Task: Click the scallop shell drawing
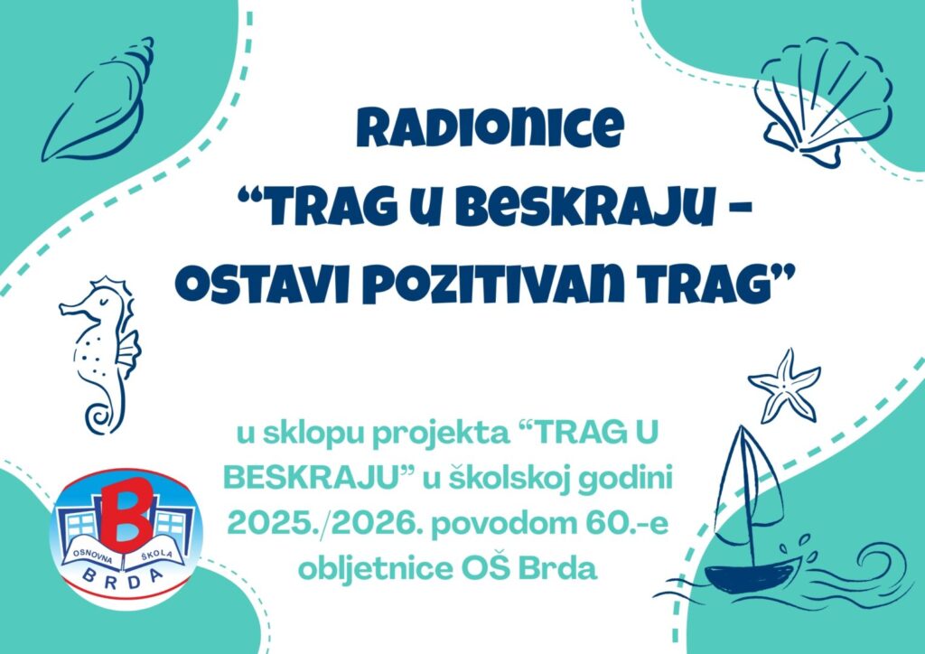(x=823, y=100)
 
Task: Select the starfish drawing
(x=785, y=386)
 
